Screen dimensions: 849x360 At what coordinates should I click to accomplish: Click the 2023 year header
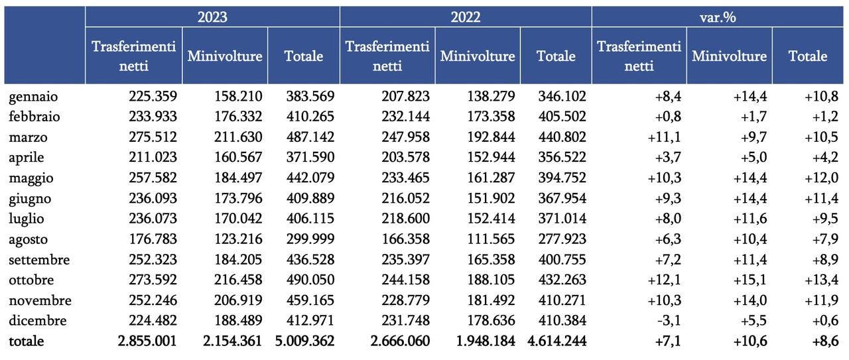click(x=212, y=17)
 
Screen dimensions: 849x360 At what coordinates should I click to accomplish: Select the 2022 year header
click(x=466, y=17)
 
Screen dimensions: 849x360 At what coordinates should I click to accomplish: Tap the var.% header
click(x=718, y=17)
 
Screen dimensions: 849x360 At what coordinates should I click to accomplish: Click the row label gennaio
click(x=33, y=97)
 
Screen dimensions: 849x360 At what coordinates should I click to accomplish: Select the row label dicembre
click(x=38, y=321)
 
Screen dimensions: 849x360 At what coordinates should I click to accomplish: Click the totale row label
click(x=26, y=341)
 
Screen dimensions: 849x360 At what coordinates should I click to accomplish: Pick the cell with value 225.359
click(x=153, y=96)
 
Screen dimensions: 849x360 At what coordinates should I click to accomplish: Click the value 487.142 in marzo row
click(x=310, y=137)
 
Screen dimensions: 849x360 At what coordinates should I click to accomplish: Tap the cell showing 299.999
click(x=310, y=239)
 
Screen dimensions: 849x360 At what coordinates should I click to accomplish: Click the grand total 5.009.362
click(x=304, y=341)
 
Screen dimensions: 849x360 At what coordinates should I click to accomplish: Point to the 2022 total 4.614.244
click(x=556, y=341)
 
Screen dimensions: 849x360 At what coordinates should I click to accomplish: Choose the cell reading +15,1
click(x=750, y=280)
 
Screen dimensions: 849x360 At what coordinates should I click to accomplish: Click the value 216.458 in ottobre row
click(x=238, y=280)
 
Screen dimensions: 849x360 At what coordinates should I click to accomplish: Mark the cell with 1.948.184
click(x=486, y=341)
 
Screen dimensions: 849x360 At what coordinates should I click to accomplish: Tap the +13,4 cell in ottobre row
click(x=821, y=280)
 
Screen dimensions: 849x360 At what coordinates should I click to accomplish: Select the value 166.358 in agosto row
click(x=405, y=239)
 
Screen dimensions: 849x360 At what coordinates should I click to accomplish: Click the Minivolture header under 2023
click(x=225, y=56)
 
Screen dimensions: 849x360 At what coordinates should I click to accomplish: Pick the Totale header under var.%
click(x=808, y=56)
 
